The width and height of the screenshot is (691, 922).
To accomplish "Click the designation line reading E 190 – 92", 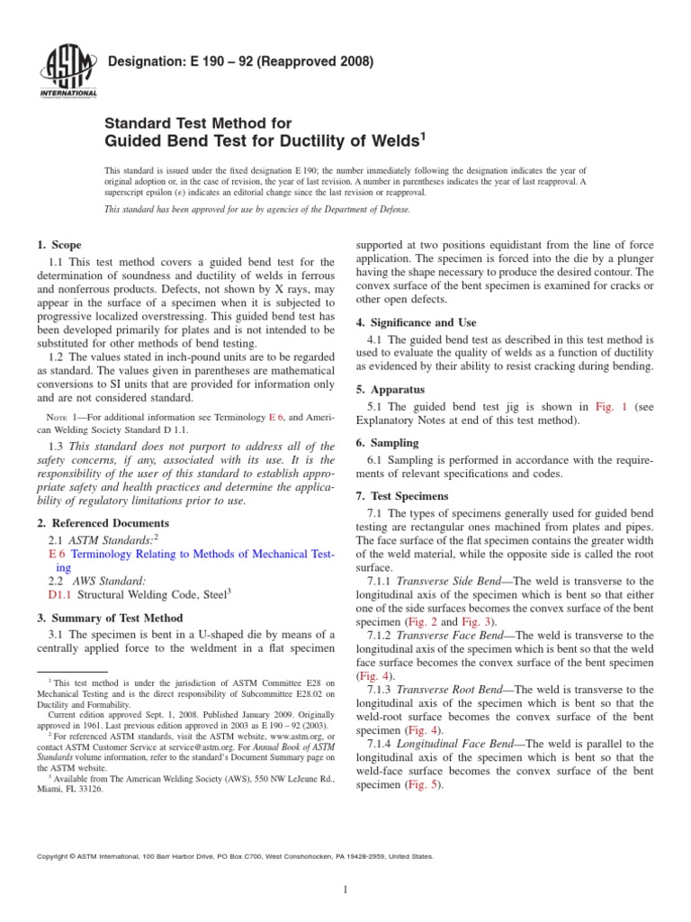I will (240, 62).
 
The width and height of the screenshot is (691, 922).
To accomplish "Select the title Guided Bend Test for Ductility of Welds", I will (265, 140).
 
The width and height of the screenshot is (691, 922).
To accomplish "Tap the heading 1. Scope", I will (58, 245).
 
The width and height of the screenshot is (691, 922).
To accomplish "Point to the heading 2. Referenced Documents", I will (102, 523).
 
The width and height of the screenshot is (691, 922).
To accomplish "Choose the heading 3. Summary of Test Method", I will (110, 618).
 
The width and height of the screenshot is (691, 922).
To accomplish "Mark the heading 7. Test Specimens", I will (406, 496).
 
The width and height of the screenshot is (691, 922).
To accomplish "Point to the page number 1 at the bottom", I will (345, 890).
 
